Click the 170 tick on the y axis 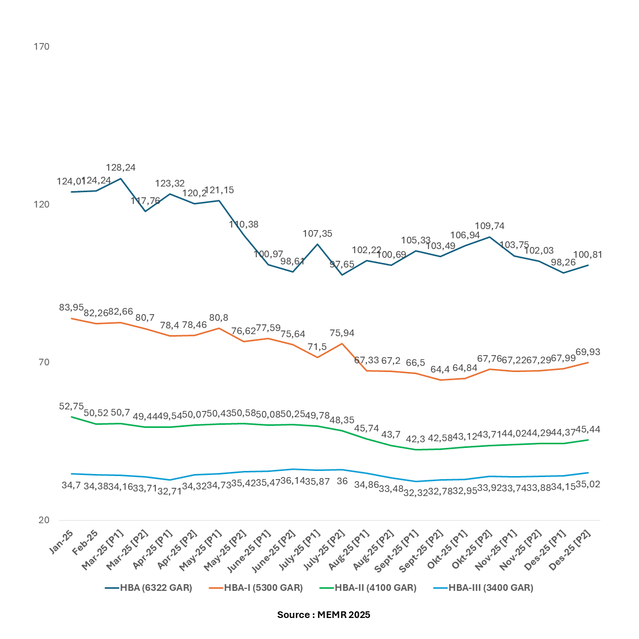coord(42,47)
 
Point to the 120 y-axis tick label coord(42,204)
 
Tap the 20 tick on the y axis coord(44,520)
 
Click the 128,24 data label coord(120,168)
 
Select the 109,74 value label coord(490,226)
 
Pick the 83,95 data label coord(71,307)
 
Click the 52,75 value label coord(71,406)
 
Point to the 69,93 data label coord(588,352)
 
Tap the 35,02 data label coord(588,484)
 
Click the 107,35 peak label coord(318,234)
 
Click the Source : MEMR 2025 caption coord(323,615)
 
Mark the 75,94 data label coord(342,333)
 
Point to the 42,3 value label coord(415,439)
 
